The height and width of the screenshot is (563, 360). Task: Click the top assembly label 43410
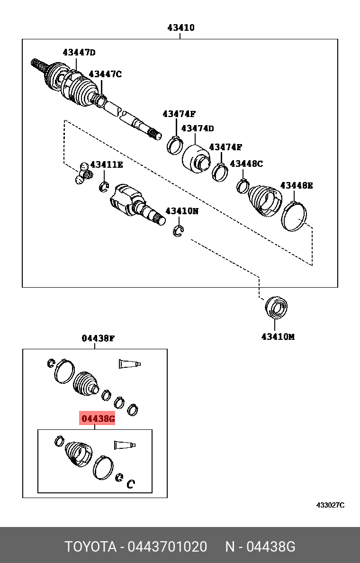(180, 28)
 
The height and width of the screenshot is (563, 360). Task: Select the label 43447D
(79, 53)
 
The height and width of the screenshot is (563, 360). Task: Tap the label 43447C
(105, 74)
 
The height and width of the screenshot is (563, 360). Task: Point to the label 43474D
(197, 128)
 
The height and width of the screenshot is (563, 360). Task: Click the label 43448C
(246, 164)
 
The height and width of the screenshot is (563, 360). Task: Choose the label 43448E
(297, 185)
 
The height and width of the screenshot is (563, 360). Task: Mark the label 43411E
(107, 164)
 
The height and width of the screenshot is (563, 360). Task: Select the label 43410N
(181, 211)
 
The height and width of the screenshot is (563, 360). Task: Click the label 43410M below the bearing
(278, 337)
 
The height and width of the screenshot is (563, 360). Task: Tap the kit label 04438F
(98, 338)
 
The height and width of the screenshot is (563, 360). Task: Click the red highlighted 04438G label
(97, 418)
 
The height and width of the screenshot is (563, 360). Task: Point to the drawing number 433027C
(330, 505)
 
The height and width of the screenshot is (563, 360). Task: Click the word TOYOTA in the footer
(90, 547)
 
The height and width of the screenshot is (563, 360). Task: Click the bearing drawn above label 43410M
(276, 307)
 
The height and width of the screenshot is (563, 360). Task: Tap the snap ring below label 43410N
(178, 231)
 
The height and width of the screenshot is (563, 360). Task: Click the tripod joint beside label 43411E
(83, 173)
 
